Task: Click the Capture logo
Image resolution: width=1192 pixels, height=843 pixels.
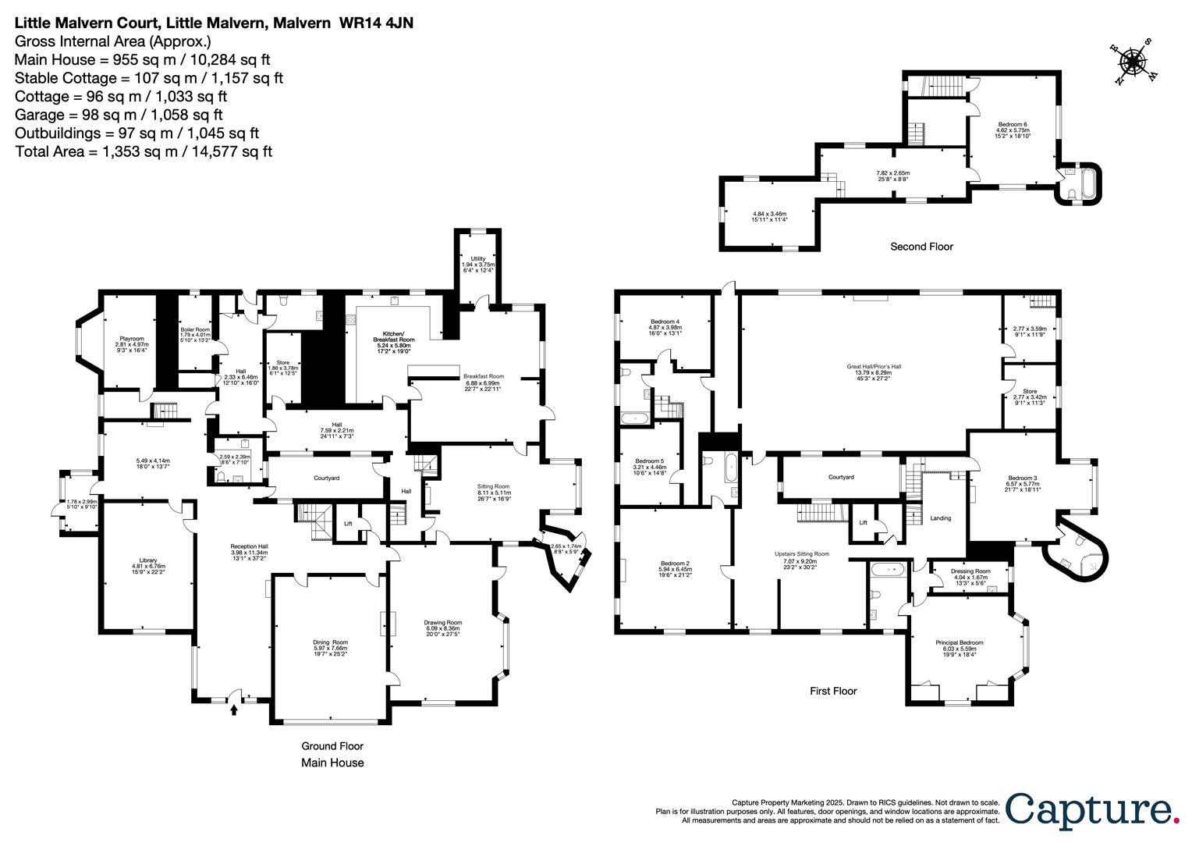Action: pos(1091,809)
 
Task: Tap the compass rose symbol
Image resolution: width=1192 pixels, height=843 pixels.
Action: pos(1133,62)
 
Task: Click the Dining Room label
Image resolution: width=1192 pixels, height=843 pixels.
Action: pos(330,642)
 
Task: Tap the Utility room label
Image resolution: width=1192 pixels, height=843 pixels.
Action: pos(478,258)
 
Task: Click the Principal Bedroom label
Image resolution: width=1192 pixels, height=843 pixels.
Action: pos(959,642)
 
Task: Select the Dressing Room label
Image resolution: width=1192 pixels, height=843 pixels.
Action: pos(970,571)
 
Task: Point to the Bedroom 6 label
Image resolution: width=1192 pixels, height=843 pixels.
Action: pos(1013,125)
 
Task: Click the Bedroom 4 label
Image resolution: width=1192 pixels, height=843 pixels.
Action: pos(665,322)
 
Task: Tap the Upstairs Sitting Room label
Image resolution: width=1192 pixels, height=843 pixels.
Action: pos(801,553)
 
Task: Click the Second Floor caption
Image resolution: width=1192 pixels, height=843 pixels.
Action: pos(921,247)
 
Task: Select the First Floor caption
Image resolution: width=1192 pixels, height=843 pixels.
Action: pos(832,691)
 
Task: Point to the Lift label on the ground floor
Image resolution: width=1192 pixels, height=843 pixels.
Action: pos(348,524)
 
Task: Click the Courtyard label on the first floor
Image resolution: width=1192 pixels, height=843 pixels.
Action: pos(841,477)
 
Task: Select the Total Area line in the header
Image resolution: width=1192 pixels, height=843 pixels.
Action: pos(144,151)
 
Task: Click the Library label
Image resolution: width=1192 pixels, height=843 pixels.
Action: pos(148,560)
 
